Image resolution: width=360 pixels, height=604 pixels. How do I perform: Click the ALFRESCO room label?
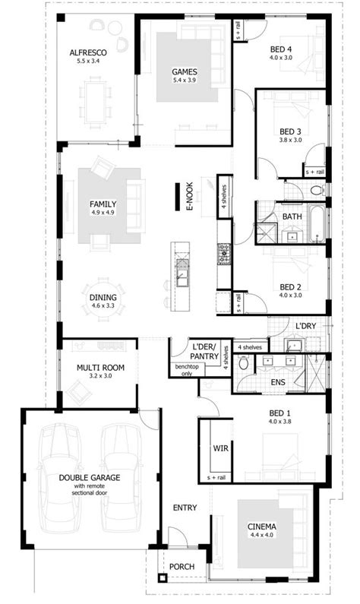point(88,52)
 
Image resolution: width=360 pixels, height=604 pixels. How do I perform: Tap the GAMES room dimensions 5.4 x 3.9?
point(185,80)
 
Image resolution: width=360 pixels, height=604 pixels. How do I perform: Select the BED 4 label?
point(281,49)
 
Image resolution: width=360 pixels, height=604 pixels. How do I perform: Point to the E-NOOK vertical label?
point(189,197)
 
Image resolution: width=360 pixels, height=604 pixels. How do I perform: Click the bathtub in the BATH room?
point(317,223)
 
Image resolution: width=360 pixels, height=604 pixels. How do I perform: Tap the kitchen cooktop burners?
point(224,254)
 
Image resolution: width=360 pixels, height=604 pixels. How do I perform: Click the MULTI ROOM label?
point(100,368)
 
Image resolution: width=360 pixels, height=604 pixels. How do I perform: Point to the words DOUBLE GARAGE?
point(90,478)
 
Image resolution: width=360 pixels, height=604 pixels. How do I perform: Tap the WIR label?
point(220,448)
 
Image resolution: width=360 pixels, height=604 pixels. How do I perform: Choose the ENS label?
point(278,382)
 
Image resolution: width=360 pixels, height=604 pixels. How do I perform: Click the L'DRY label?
point(306,326)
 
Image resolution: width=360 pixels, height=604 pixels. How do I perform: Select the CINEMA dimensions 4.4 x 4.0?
point(261,535)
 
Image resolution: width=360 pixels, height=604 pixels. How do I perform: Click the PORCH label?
point(182,567)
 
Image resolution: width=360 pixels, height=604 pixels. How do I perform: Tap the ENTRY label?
point(185,508)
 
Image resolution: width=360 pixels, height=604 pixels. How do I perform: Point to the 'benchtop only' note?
point(187,370)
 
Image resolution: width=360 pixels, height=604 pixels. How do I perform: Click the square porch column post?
point(163,578)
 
